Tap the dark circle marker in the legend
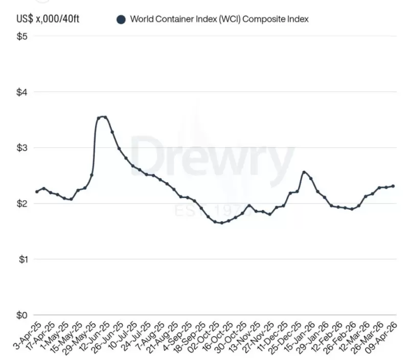pos(121,20)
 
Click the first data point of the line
pos(37,192)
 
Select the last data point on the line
pos(393,186)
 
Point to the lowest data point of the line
pos(221,223)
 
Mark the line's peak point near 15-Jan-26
pos(304,172)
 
